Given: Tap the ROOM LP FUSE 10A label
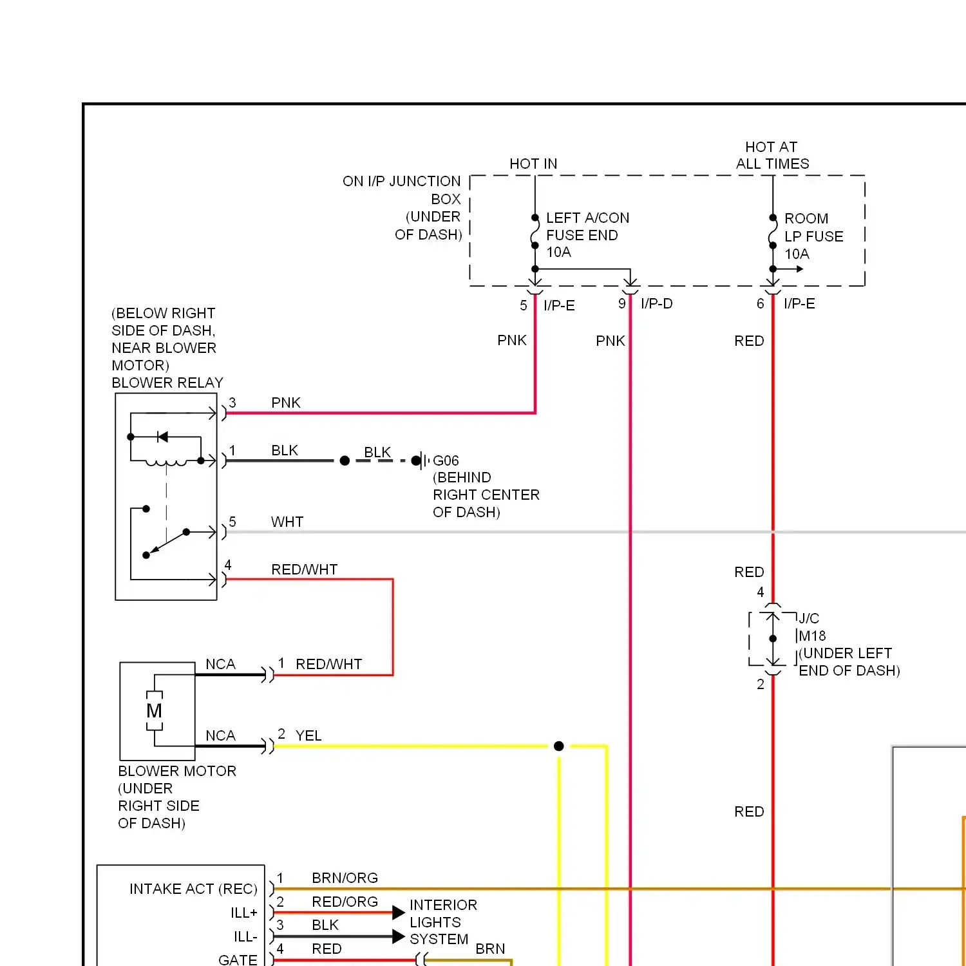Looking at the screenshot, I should point(813,236).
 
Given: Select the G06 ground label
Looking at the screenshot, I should point(446,461).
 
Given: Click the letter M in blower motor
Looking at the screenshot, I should point(154,711).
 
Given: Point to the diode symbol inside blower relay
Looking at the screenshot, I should point(162,437).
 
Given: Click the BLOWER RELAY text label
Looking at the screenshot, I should point(167,383).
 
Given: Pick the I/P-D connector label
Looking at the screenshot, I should point(656,304).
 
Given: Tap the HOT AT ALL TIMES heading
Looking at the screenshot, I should point(772,156).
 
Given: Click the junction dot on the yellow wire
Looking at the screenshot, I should point(559,746).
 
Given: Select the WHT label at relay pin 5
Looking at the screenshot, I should point(287,522).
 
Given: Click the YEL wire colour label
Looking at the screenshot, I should point(308,736).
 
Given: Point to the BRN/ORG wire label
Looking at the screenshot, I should point(345,878).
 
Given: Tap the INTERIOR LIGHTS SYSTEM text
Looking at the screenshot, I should point(443,922).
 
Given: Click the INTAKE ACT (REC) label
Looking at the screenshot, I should point(193,889).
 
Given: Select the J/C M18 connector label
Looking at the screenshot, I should point(810,627).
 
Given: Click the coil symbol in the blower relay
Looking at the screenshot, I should point(166,462).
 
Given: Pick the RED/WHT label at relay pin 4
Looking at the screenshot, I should point(304,570).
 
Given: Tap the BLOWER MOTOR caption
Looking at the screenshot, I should point(177,772).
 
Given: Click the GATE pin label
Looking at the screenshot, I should point(238,960).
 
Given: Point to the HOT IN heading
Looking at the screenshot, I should point(533,164).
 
